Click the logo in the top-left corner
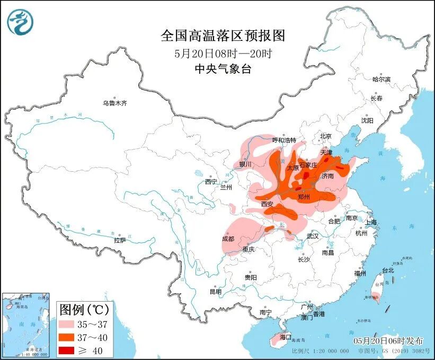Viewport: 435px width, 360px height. coord(20,22)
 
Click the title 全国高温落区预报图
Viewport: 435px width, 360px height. coord(223,36)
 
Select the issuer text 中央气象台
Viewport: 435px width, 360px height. coord(223,69)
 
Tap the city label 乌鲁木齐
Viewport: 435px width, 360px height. coord(115,103)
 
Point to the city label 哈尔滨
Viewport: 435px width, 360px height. coord(381,79)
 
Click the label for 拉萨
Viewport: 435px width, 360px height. coord(120,240)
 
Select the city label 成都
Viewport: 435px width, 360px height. coord(228,239)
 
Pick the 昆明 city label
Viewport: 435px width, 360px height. coord(215,292)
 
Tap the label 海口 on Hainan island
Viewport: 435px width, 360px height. coord(286,337)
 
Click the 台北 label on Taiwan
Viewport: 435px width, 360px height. coord(388,270)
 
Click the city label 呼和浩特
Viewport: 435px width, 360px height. coord(283,140)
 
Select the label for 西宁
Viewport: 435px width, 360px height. coord(211,182)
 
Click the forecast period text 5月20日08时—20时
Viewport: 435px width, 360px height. coord(223,53)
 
